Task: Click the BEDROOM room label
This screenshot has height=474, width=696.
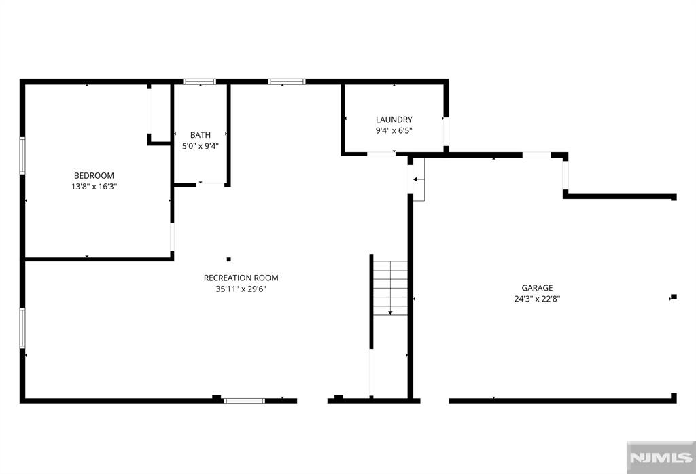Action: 94,176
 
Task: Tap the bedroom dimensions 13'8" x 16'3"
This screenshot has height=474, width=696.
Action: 94,187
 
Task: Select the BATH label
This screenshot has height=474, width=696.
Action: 201,135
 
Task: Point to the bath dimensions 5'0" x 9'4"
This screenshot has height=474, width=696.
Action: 201,146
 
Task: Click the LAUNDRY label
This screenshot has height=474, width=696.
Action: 394,120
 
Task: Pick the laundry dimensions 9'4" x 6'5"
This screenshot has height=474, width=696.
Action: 394,131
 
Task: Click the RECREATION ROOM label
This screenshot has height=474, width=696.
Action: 241,278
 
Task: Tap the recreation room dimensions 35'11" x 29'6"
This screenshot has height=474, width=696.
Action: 241,289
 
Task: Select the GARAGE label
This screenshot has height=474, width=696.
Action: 537,288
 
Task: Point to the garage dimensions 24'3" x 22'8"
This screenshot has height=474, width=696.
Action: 537,299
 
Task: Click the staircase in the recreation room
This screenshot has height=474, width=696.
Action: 389,288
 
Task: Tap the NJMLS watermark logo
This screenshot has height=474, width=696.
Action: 661,458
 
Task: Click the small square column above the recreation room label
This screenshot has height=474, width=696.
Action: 229,259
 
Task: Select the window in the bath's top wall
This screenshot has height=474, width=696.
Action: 200,81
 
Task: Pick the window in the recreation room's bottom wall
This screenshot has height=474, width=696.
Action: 244,401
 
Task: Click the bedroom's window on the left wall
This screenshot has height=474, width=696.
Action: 22,156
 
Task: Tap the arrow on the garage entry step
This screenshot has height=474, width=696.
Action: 419,179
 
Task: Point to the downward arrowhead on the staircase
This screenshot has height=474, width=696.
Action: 390,312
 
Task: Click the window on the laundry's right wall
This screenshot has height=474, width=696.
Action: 446,132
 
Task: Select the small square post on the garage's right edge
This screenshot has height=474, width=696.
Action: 674,297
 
